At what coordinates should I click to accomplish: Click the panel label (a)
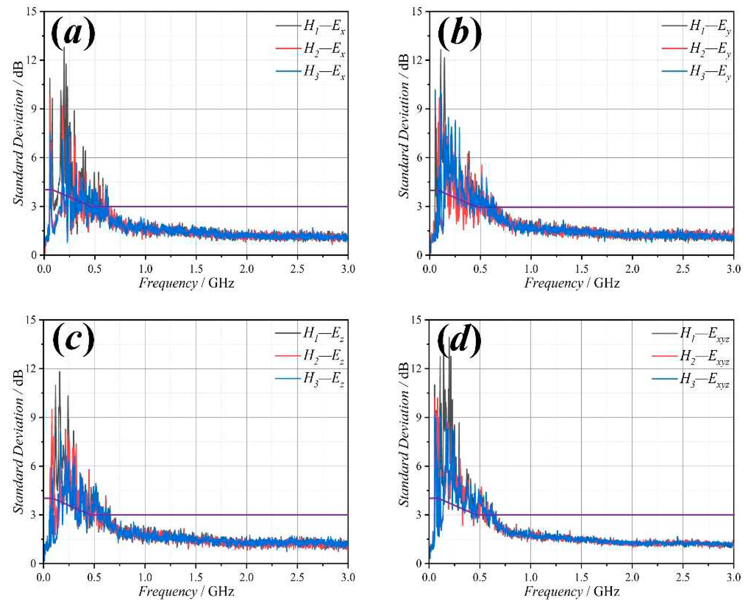[73, 34]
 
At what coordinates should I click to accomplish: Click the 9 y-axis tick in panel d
[420, 417]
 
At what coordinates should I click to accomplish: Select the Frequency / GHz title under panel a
[186, 283]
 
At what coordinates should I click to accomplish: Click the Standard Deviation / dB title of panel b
[405, 126]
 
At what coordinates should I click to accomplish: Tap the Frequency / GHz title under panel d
[572, 591]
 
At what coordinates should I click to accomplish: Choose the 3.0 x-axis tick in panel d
[733, 577]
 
